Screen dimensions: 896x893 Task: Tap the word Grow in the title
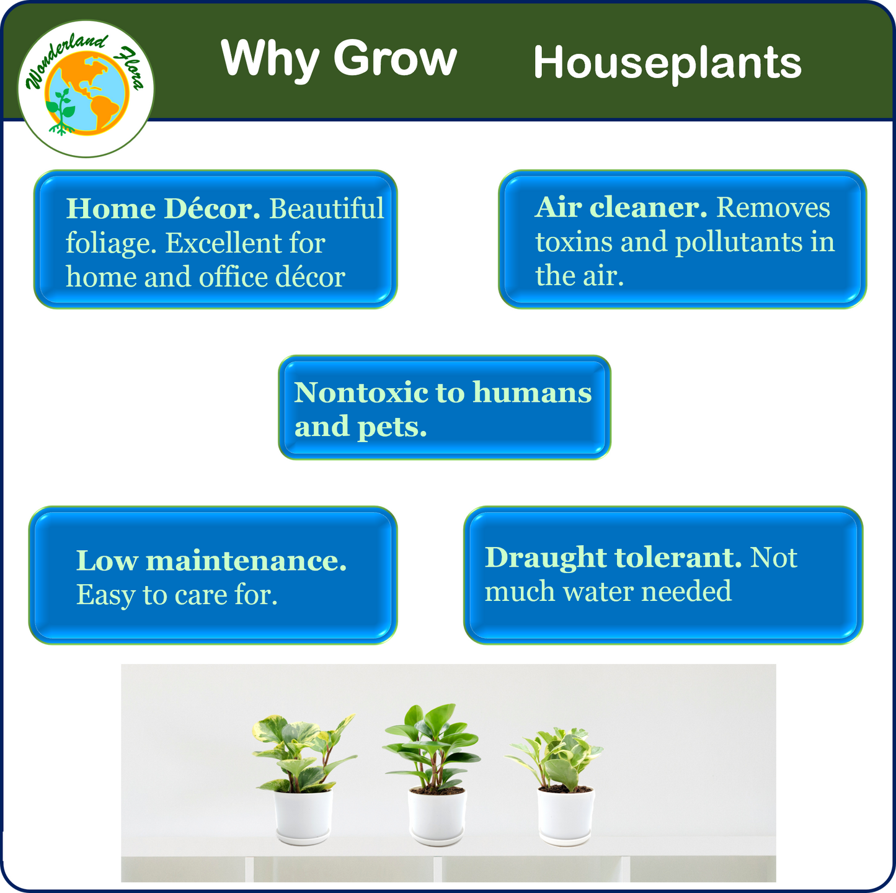[395, 58]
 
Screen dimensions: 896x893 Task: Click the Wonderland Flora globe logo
[86, 88]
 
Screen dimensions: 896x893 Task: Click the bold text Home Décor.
[162, 208]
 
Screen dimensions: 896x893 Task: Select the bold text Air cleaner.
[621, 207]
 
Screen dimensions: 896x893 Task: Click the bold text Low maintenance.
[211, 561]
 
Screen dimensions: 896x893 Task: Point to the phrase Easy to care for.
[177, 595]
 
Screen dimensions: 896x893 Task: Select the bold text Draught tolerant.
[613, 558]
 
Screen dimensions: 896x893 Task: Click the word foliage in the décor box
[111, 244]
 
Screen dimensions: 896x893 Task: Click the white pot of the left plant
[303, 816]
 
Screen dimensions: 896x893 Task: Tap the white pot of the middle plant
[437, 817]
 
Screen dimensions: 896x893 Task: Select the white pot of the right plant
[566, 816]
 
